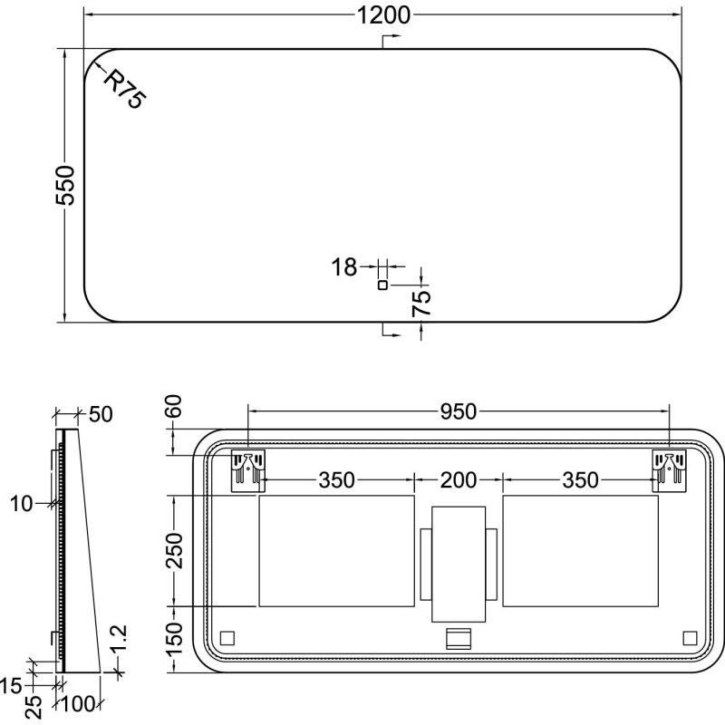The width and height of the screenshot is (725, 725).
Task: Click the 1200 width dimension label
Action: tap(383, 15)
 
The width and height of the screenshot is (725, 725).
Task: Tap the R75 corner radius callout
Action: tap(124, 89)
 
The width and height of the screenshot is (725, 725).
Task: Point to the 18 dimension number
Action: tap(344, 267)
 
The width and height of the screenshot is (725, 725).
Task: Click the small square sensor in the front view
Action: tap(382, 285)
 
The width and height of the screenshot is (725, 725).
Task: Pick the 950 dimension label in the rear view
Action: tap(458, 411)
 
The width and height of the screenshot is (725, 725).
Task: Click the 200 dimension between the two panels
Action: tap(459, 480)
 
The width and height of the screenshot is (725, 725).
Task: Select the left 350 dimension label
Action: tap(336, 480)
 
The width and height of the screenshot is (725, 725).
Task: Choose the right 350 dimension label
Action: tap(580, 480)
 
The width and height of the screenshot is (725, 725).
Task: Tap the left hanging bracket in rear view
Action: tap(247, 470)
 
